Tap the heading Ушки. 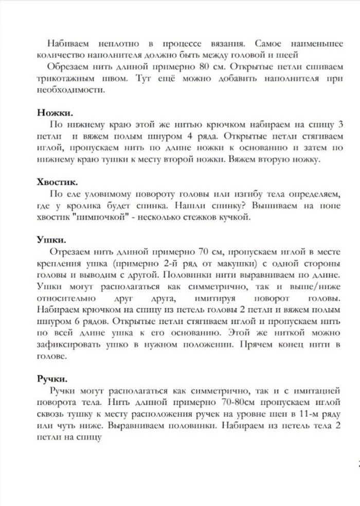point(51,240)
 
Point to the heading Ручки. point(52,379)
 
